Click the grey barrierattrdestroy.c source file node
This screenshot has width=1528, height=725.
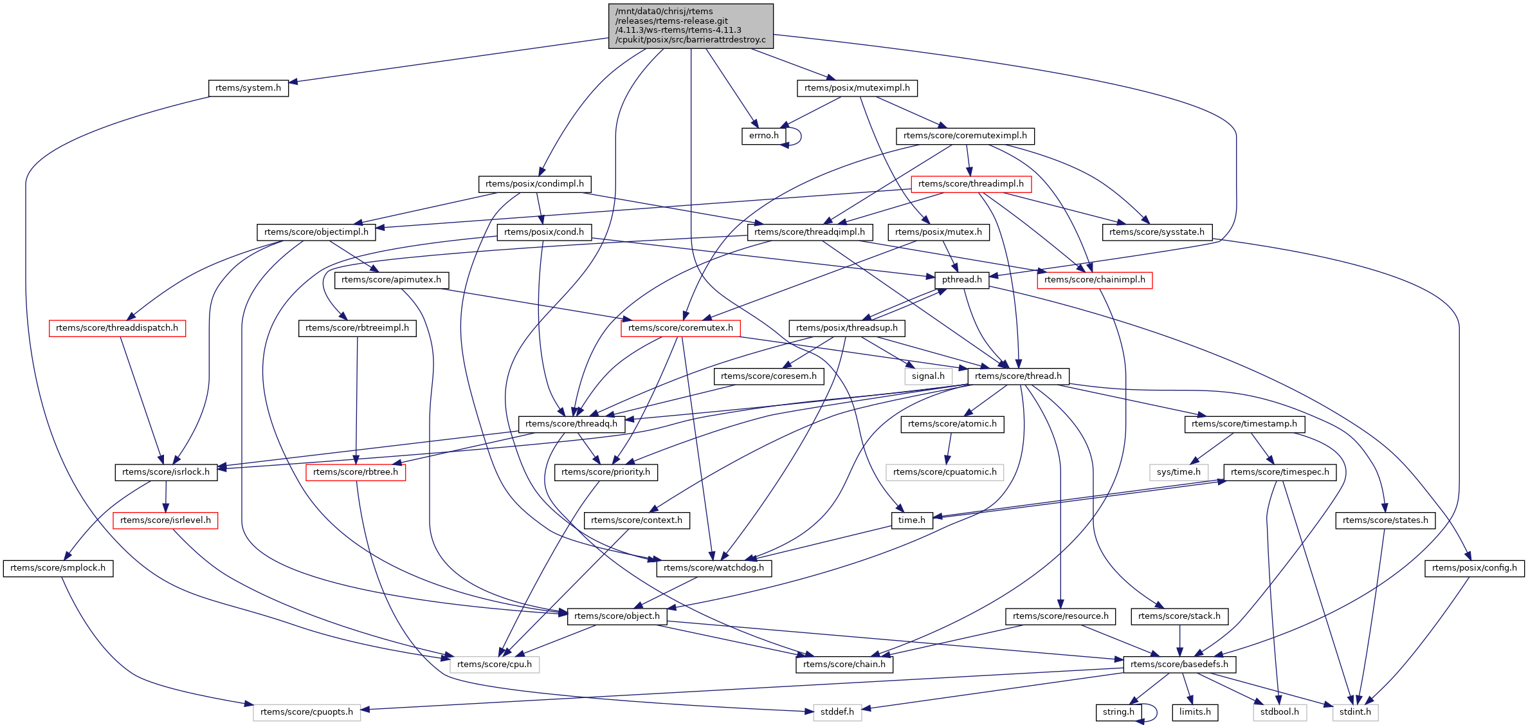click(x=691, y=26)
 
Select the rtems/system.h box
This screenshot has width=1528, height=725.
click(x=248, y=88)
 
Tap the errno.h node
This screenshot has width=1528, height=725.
click(x=763, y=136)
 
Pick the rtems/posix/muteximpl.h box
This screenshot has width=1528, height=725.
click(x=857, y=88)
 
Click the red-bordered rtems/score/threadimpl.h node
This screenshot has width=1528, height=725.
click(x=970, y=184)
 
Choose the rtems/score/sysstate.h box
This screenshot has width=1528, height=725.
click(x=1156, y=232)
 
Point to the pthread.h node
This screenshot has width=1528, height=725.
click(x=961, y=280)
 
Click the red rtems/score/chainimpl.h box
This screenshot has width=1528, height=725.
click(x=1094, y=280)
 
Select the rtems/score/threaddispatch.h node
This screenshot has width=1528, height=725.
click(x=117, y=328)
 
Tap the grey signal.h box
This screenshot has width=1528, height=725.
click(x=928, y=376)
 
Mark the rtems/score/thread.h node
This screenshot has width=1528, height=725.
click(x=1018, y=376)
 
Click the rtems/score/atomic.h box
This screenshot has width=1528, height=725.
click(x=952, y=424)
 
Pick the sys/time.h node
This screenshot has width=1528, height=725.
click(x=1178, y=472)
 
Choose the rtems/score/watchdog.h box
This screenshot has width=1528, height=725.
click(x=713, y=568)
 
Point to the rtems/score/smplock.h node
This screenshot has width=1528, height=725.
click(x=58, y=568)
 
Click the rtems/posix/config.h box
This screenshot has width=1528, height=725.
click(x=1474, y=568)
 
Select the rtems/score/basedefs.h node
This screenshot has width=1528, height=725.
click(x=1179, y=665)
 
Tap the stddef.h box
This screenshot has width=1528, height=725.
click(x=837, y=712)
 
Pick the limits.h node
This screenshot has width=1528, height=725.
click(x=1195, y=712)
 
